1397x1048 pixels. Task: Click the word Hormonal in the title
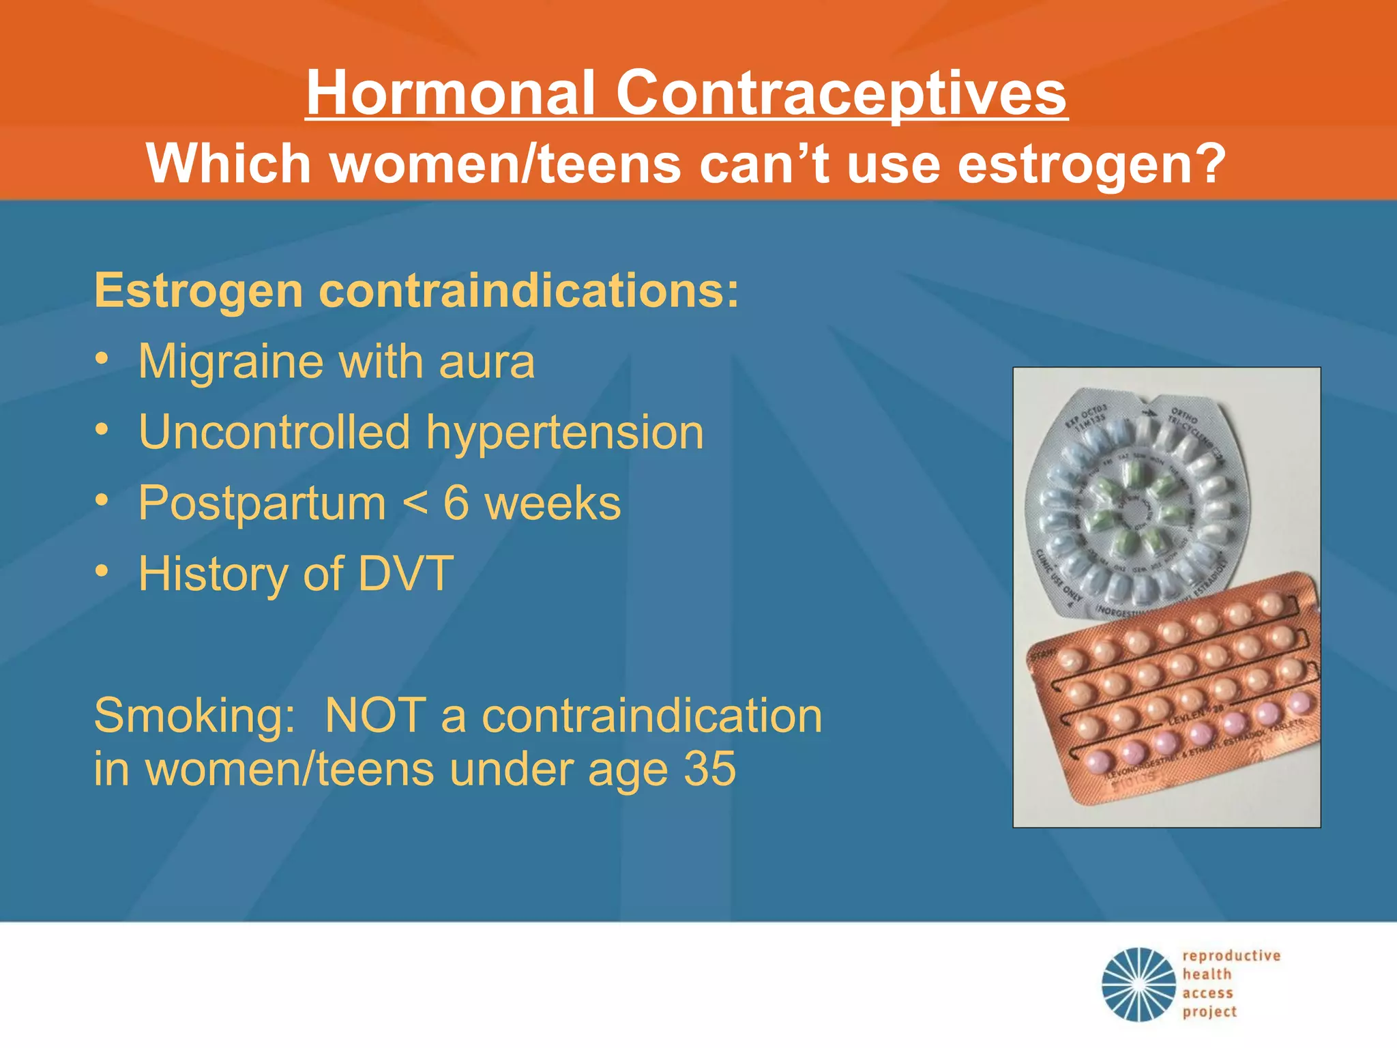(x=450, y=93)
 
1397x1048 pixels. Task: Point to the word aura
(x=486, y=362)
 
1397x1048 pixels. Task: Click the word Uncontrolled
(x=274, y=433)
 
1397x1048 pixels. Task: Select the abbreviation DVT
(x=406, y=574)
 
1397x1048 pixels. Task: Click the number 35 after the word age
(x=710, y=769)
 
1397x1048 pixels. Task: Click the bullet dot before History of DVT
(x=102, y=571)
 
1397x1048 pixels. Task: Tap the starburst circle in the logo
(x=1138, y=984)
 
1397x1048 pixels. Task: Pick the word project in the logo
(x=1209, y=1012)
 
